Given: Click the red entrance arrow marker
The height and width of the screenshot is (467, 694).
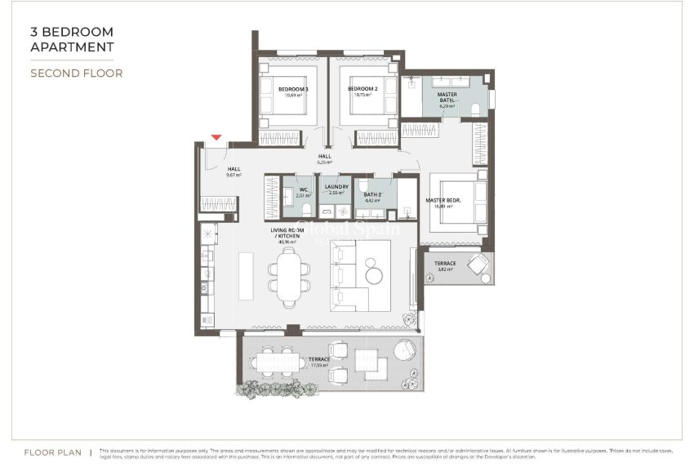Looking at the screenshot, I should tap(216, 138).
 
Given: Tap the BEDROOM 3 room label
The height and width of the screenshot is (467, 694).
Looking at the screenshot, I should tap(293, 89).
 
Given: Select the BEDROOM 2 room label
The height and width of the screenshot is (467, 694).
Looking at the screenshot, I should tap(363, 89).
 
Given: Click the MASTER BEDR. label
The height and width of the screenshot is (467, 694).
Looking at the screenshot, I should tap(444, 200).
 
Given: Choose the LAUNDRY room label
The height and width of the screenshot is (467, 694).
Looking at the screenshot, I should tap(336, 187).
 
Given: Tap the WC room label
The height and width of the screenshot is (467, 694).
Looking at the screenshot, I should tap(303, 190).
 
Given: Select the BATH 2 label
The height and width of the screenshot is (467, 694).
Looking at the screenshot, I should tap(372, 194).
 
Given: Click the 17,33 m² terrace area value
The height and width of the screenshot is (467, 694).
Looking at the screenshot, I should tap(318, 366).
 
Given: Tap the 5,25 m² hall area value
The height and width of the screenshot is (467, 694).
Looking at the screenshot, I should tap(325, 162).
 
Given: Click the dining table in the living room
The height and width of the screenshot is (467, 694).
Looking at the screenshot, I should tap(290, 276).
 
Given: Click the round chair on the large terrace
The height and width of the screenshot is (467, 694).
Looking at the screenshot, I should tap(404, 351).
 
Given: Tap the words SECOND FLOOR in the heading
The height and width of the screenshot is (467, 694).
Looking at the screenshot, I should tap(76, 73).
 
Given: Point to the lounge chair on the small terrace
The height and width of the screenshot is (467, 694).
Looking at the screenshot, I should tap(476, 265).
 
